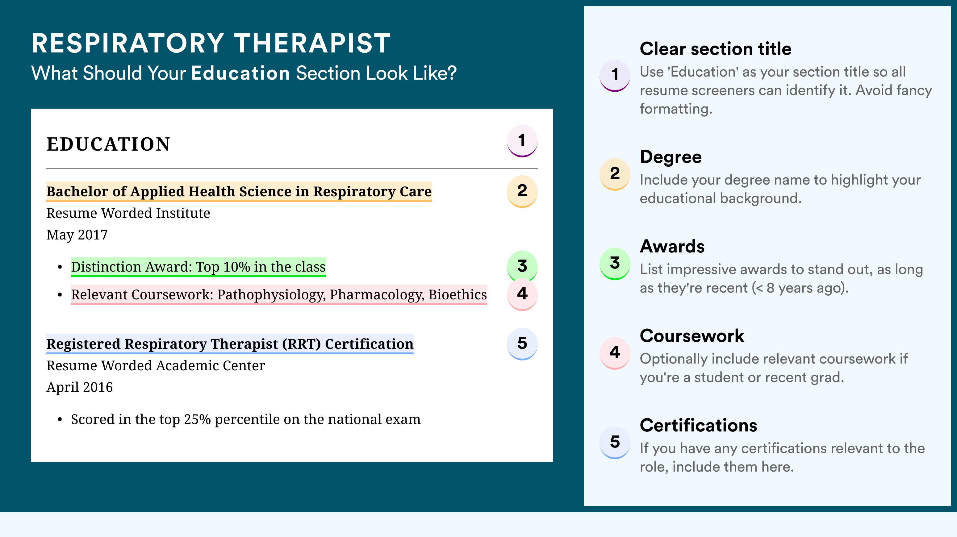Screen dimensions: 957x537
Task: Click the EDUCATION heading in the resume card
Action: tap(108, 144)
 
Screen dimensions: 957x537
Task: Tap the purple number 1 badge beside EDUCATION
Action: tap(522, 141)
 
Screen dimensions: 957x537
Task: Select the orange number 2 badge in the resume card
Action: tap(522, 191)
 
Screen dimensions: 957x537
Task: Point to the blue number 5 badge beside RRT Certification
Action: tap(522, 344)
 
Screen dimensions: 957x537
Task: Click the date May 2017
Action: tap(77, 235)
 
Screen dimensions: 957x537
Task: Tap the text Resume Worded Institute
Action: tap(128, 213)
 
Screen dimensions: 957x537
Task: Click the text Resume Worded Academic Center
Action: tap(156, 366)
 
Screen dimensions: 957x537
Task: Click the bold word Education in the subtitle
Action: tap(240, 73)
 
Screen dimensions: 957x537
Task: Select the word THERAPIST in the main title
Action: tap(312, 43)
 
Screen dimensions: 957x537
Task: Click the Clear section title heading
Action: tap(716, 49)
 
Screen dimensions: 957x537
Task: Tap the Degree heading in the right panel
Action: tap(671, 157)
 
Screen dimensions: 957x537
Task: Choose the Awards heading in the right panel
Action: tap(672, 246)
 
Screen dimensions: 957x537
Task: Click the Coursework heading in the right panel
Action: tap(692, 336)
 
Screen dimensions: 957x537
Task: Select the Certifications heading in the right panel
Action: tap(698, 425)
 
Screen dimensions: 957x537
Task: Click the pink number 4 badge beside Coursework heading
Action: tap(615, 353)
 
